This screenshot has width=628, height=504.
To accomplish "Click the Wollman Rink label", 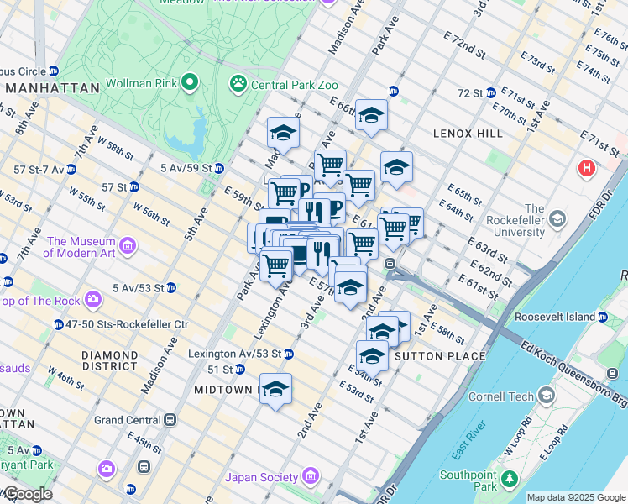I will click(x=140, y=85).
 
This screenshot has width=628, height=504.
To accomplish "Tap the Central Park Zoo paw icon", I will click(x=239, y=84).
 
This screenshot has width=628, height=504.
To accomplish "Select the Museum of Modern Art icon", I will click(x=128, y=246).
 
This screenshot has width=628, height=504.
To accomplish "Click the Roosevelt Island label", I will click(x=553, y=317).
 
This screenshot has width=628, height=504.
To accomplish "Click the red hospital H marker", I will click(x=586, y=169).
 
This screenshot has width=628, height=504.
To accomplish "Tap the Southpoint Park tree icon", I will click(x=510, y=480).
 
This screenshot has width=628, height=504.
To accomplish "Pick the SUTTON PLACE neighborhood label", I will click(x=440, y=356).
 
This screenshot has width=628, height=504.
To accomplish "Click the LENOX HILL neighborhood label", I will click(x=468, y=134).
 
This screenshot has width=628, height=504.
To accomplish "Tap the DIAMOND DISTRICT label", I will click(x=110, y=360).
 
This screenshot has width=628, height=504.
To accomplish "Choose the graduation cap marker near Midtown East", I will click(x=275, y=389).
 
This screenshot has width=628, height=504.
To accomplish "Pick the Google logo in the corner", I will click(x=28, y=494).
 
